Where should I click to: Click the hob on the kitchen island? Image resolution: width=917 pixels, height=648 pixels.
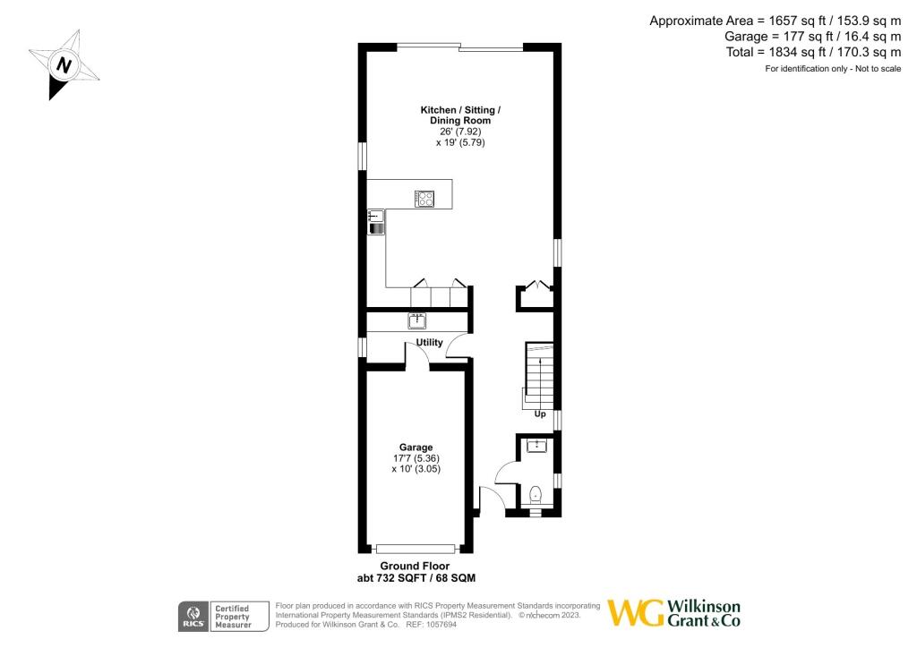424,200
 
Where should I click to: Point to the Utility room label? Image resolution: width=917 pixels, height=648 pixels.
430,343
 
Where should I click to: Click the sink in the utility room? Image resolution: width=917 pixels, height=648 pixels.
417,320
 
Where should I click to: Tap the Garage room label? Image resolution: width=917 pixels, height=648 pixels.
416,448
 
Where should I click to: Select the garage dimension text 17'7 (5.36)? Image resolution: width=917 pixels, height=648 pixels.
416,458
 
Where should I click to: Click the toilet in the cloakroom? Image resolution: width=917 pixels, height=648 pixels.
536,493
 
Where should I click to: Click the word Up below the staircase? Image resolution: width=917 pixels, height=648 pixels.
540,414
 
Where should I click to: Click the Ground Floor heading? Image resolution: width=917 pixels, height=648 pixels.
416,567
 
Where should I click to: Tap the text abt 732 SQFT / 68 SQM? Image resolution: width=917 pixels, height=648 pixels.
416,578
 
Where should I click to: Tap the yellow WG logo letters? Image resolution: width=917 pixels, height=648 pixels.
637,613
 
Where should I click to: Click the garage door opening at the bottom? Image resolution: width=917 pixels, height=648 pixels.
416,548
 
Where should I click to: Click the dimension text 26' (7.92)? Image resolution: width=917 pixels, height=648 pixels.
460,132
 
